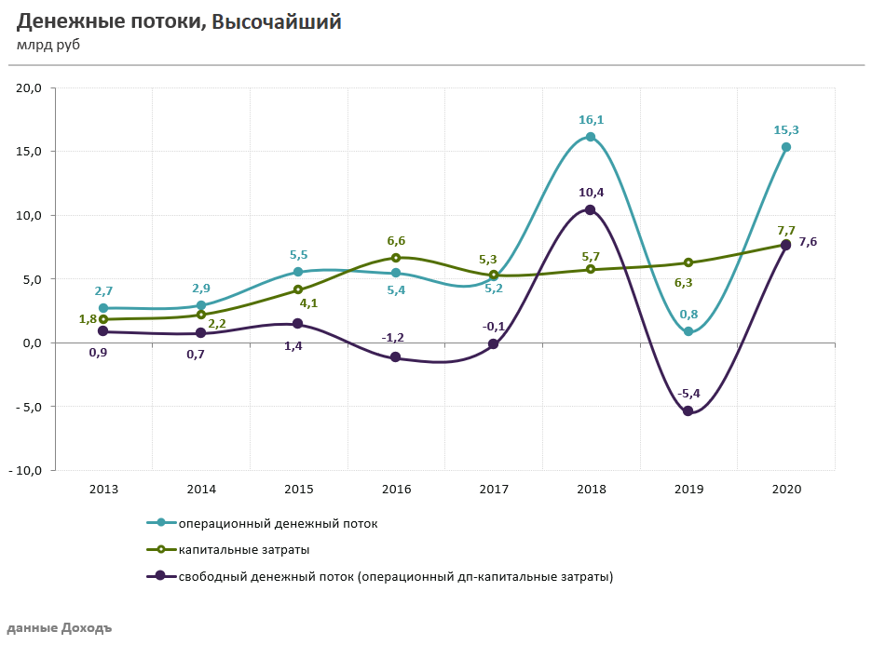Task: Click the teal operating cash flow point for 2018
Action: pyautogui.click(x=591, y=137)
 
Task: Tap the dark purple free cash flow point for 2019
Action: pyautogui.click(x=688, y=410)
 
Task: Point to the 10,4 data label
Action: pyautogui.click(x=590, y=193)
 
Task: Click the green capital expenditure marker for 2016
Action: pyautogui.click(x=396, y=258)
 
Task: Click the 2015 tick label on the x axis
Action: pyautogui.click(x=298, y=489)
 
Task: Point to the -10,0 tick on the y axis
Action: pyautogui.click(x=26, y=470)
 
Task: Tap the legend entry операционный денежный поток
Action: pyautogui.click(x=278, y=523)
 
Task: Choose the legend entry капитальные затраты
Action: pyautogui.click(x=244, y=550)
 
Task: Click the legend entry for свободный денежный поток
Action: pyautogui.click(x=395, y=576)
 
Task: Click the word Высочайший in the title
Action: pyautogui.click(x=277, y=22)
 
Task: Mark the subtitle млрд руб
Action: pyautogui.click(x=48, y=45)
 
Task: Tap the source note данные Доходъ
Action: pyautogui.click(x=59, y=627)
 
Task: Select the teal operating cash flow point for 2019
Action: pyautogui.click(x=688, y=331)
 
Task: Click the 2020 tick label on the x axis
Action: pyautogui.click(x=785, y=489)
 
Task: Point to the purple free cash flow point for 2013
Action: pyautogui.click(x=103, y=331)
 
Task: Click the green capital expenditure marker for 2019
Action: pyautogui.click(x=688, y=262)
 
